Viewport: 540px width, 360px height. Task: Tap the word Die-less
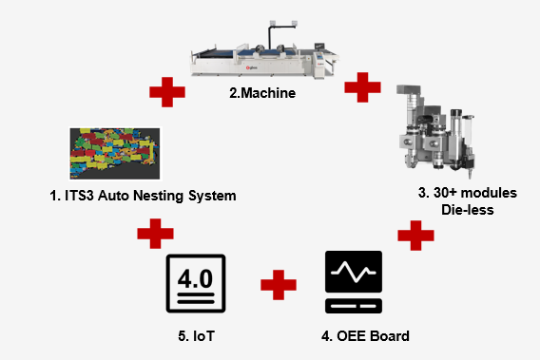[468, 209]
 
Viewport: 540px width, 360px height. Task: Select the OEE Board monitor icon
[353, 283]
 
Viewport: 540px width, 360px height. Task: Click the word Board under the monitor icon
[388, 335]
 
